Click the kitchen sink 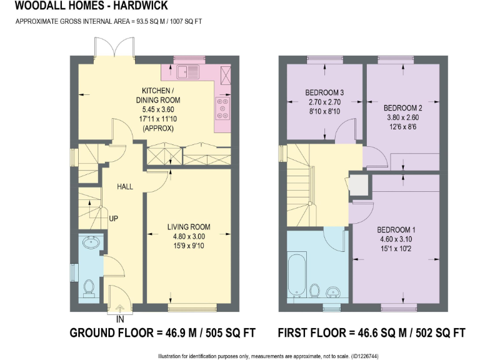point(187,72)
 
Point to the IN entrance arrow point(119,307)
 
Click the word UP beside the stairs point(114,219)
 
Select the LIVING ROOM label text point(188,227)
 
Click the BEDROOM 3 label point(325,93)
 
